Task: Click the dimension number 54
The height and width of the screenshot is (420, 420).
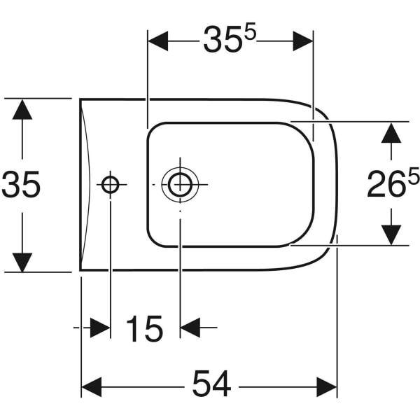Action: [211, 385]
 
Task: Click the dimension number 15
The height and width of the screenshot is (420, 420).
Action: [144, 328]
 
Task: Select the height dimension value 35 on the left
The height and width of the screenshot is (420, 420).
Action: [22, 185]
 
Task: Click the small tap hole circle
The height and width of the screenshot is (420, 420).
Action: [111, 185]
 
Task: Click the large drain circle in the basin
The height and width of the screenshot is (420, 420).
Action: [180, 185]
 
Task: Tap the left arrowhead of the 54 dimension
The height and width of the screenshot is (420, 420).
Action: [92, 386]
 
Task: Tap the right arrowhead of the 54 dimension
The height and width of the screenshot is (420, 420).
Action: [327, 386]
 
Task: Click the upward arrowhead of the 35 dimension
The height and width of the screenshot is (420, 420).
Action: [22, 110]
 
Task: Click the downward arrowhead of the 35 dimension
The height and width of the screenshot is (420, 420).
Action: [22, 261]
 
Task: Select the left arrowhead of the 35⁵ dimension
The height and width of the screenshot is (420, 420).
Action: [158, 41]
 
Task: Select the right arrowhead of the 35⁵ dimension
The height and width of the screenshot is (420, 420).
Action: [302, 41]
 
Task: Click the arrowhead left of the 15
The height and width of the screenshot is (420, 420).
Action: [99, 327]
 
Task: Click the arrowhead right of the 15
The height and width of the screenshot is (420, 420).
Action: [191, 327]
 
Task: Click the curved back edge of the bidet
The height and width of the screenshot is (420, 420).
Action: [87, 185]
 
